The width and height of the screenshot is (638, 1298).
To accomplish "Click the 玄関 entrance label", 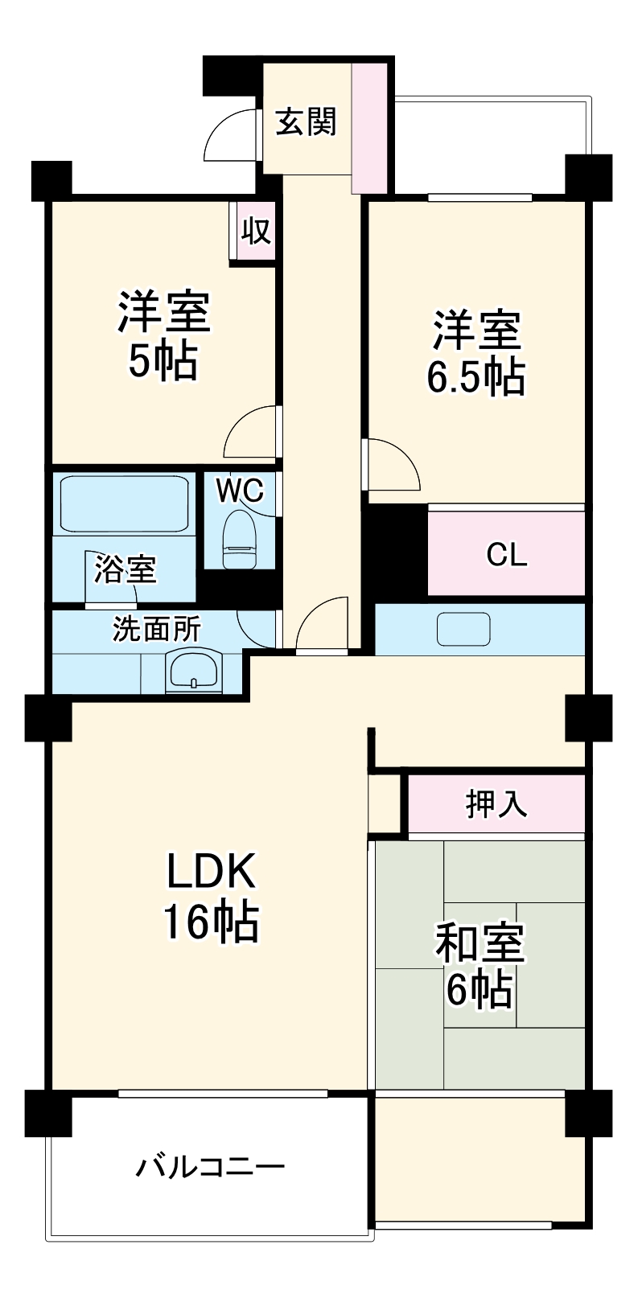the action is pyautogui.click(x=306, y=122).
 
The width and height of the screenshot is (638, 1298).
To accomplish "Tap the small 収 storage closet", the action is pyautogui.click(x=255, y=232).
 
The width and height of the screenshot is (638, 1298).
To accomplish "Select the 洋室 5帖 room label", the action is pyautogui.click(x=164, y=336).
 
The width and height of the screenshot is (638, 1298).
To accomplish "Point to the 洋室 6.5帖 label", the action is pyautogui.click(x=476, y=354).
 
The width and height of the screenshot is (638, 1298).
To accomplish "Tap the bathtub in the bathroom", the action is pyautogui.click(x=124, y=505).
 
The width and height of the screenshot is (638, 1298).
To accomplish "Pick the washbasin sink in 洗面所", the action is pyautogui.click(x=194, y=672).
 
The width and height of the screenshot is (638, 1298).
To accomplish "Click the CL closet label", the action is pyautogui.click(x=507, y=555).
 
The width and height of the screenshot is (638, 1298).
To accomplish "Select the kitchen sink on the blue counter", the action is pyautogui.click(x=463, y=630).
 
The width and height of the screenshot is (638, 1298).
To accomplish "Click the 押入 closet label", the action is pyautogui.click(x=496, y=803).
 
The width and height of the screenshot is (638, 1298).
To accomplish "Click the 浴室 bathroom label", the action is pyautogui.click(x=126, y=569).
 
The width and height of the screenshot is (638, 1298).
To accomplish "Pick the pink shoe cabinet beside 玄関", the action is pyautogui.click(x=370, y=128).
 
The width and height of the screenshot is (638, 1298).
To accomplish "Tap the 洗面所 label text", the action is pyautogui.click(x=156, y=630).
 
